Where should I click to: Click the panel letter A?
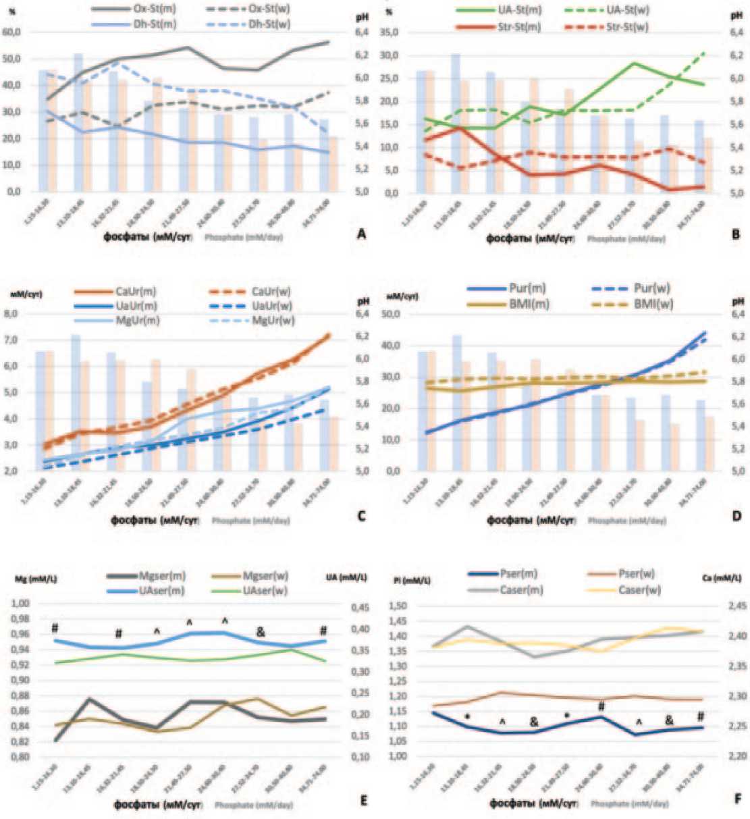tap(361, 234)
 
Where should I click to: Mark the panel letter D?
tap(736, 516)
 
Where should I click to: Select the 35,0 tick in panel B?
tap(390, 32)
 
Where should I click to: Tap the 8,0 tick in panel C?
tap(15, 314)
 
